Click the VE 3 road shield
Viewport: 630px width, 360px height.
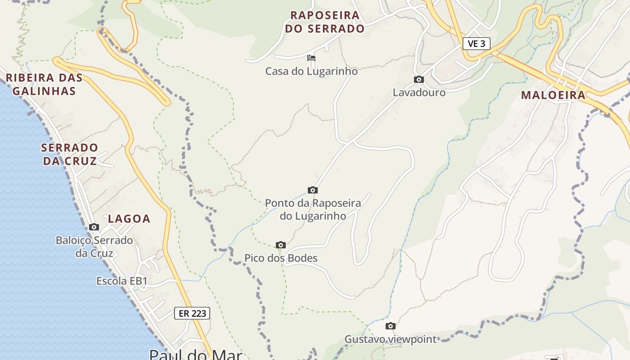pos(476,44)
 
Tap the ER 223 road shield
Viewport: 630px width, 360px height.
pos(192,313)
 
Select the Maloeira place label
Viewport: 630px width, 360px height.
pos(553,95)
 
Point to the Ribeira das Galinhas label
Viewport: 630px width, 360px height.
pos(44,84)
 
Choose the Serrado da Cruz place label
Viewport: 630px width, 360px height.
pos(69,154)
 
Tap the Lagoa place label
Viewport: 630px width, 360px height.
pos(129,219)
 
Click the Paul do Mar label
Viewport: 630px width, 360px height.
pos(195,355)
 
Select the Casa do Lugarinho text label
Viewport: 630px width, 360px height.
pos(311,71)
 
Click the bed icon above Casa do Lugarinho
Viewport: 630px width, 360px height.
pos(311,58)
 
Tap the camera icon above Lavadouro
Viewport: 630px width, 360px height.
pos(419,80)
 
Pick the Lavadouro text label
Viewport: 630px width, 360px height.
pos(419,93)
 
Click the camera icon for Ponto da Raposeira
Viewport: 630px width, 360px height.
pos(313,190)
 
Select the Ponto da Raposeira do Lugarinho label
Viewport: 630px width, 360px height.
pos(313,209)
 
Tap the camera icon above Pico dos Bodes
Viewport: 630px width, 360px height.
pos(281,245)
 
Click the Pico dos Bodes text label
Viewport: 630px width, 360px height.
pos(281,258)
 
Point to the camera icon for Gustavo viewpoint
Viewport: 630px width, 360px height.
pos(391,326)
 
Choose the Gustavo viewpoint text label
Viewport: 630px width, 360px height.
pos(391,339)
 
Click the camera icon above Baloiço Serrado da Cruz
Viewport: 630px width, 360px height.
pos(94,227)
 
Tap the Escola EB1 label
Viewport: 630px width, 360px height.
pos(121,281)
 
